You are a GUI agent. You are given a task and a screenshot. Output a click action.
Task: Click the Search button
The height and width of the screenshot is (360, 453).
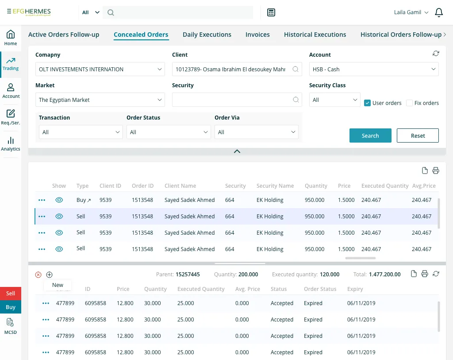click(x=370, y=135)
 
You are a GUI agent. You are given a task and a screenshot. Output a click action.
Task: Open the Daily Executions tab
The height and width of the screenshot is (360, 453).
click(x=207, y=35)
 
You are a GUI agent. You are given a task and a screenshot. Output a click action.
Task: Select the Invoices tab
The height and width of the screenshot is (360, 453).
click(x=257, y=35)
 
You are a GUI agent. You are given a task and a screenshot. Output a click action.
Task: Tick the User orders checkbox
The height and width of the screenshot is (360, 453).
click(x=367, y=103)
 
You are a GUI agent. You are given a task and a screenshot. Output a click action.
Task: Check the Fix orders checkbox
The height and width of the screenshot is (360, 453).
click(x=409, y=103)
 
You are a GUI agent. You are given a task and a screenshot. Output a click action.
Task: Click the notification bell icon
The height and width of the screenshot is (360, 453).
click(x=439, y=12)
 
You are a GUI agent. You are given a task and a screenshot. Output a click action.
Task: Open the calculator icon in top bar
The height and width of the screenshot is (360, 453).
click(x=271, y=12)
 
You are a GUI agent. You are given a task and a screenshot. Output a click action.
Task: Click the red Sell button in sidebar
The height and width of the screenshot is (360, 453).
click(x=11, y=293)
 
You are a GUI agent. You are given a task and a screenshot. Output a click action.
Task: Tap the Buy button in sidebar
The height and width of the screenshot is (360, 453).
click(x=11, y=307)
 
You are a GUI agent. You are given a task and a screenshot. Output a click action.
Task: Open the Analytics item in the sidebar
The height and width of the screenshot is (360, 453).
click(x=11, y=144)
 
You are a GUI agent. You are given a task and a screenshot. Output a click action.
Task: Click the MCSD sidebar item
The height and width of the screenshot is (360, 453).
click(x=11, y=327)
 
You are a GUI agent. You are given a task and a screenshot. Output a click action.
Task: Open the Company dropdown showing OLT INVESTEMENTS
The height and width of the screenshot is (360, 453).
click(x=100, y=69)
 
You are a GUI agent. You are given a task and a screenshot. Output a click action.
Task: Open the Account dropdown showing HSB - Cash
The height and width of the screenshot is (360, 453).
click(x=374, y=69)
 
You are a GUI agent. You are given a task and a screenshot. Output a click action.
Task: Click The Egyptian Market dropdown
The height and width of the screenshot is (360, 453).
click(x=100, y=100)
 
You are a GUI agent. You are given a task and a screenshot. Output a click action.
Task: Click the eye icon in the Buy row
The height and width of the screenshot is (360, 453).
click(x=59, y=200)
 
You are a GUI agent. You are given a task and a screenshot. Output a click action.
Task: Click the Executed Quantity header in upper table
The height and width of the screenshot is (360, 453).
click(x=384, y=186)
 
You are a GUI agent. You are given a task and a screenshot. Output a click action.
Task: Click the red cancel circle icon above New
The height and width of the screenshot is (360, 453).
click(x=38, y=275)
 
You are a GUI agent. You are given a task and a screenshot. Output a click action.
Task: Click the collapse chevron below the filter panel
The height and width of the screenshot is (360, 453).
click(x=237, y=151)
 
